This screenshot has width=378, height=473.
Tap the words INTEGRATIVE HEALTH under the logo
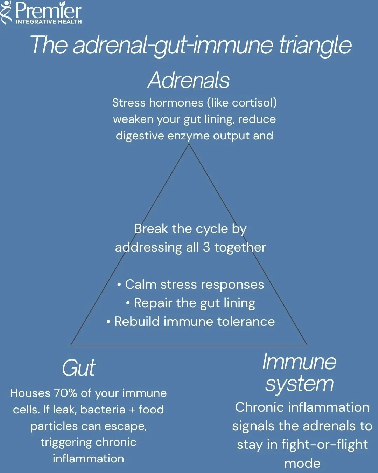click(49, 22)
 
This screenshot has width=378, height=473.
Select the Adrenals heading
click(189, 80)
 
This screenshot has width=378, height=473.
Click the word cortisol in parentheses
click(252, 103)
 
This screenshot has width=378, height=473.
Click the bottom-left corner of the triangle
click(71, 345)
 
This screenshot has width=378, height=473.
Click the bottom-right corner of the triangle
click(307, 345)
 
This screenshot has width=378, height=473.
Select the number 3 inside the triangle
click(206, 247)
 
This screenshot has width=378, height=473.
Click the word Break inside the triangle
click(151, 229)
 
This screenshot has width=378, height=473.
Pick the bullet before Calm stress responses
click(119, 285)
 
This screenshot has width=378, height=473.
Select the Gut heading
click(78, 368)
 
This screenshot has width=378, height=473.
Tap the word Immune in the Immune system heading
click(299, 362)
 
